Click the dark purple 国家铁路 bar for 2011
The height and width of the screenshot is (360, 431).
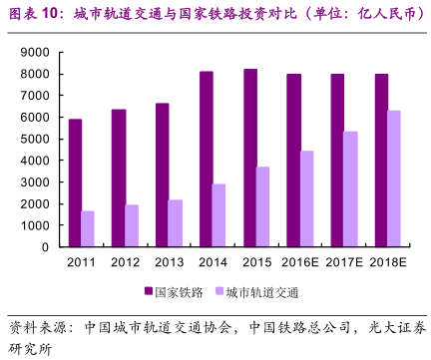(75, 182)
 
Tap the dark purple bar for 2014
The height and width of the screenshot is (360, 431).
(205, 159)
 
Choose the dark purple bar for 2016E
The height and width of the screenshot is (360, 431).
(293, 160)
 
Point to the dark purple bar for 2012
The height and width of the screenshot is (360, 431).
(119, 178)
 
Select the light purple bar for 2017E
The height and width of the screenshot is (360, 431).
(350, 188)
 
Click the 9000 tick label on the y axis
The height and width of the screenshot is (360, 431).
(33, 52)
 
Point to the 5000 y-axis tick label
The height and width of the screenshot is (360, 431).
(33, 139)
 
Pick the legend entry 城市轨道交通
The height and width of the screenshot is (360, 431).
(261, 292)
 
